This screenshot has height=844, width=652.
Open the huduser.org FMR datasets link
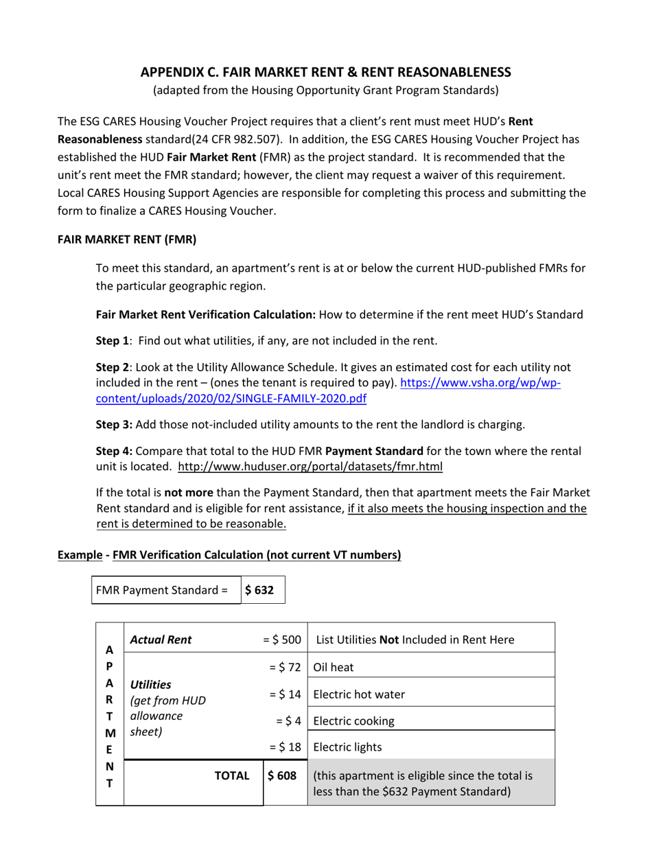[x=310, y=467]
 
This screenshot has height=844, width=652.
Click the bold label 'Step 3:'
[x=114, y=424]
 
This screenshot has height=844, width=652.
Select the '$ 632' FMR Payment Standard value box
[x=261, y=589]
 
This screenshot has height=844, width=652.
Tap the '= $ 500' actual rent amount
[x=282, y=640]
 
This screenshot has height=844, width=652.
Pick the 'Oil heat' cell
[x=332, y=666]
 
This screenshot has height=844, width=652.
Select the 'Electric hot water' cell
[x=358, y=694]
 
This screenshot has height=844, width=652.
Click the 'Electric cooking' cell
[x=353, y=720]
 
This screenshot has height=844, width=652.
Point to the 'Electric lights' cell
[x=349, y=747]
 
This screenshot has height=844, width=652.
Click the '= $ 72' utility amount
[x=285, y=666]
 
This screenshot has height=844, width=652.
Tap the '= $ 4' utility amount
[x=288, y=720]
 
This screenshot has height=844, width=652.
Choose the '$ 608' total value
[x=282, y=775]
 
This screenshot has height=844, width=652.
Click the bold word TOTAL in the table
[x=232, y=775]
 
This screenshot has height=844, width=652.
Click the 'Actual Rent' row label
[x=161, y=640]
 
